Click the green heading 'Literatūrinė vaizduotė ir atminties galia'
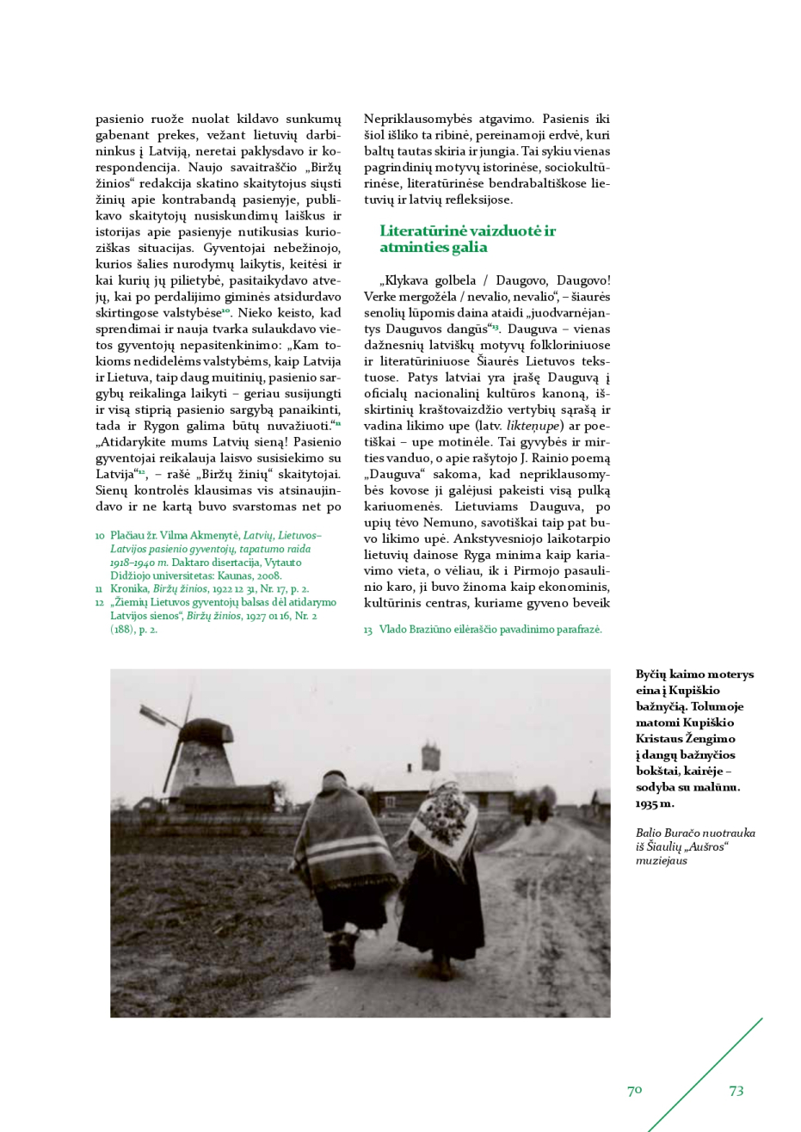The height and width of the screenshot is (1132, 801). coord(467,239)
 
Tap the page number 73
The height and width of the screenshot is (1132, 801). coord(736,1091)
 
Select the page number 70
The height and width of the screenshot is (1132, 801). coord(634,1091)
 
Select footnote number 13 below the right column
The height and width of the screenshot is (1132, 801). coord(367,630)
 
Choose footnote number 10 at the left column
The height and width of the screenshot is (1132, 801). coord(100,536)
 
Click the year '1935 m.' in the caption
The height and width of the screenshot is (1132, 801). coord(655,803)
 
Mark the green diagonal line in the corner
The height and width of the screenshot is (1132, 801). coord(705,1075)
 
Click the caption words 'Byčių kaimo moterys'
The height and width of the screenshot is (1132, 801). coord(694,674)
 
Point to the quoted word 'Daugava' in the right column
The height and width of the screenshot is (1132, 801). coord(394,474)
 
